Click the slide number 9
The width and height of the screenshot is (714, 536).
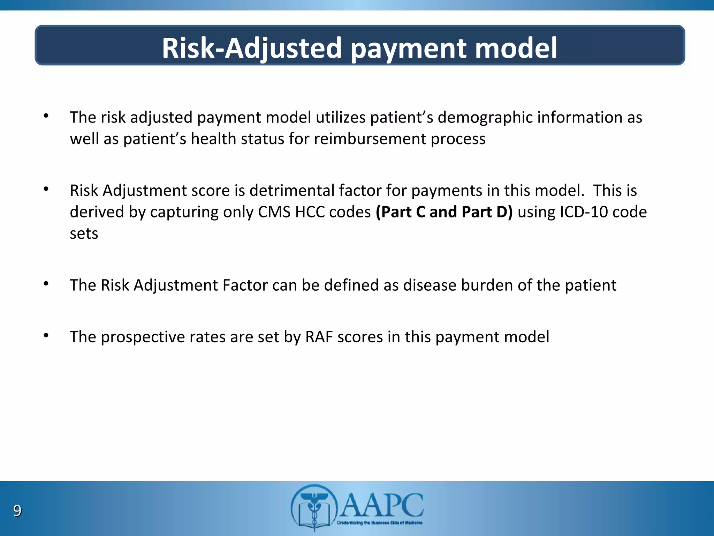(17, 511)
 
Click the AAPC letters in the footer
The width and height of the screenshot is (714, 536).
(382, 505)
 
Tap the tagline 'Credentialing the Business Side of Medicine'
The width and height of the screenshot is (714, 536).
(379, 523)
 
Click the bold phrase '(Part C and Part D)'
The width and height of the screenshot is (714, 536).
(444, 212)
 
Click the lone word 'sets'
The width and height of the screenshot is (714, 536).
(84, 233)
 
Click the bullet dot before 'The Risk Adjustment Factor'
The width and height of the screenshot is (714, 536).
(46, 284)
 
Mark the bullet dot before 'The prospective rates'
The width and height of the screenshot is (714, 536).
(46, 335)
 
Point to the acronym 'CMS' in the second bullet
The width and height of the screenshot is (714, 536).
(274, 212)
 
